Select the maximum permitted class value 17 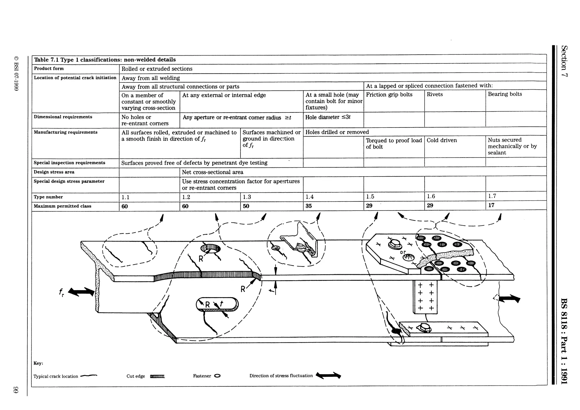[491, 205]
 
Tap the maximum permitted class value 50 [246, 206]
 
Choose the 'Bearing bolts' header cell [505, 94]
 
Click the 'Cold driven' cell [442, 140]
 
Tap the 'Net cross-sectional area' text [212, 172]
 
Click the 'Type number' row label [48, 197]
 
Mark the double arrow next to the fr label [81, 292]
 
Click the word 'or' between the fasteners [403, 252]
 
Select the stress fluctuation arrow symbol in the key [328, 375]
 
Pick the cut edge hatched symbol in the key [157, 377]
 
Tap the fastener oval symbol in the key [217, 376]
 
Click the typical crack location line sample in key [89, 376]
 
